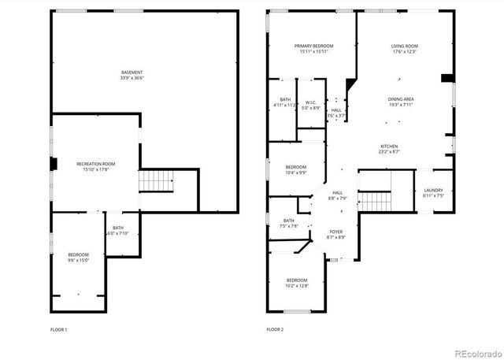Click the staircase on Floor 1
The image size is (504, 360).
tap(156, 182)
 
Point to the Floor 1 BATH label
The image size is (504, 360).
tap(117, 228)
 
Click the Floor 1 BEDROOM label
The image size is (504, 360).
tap(78, 254)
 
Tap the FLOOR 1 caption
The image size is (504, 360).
tap(58, 328)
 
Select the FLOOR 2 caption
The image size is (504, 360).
tap(275, 328)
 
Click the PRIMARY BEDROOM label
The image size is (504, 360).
tap(313, 46)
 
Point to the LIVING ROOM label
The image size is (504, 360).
tap(404, 46)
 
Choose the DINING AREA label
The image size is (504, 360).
tap(401, 98)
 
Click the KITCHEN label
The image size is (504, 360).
tap(390, 147)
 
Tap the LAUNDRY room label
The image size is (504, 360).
tap(433, 190)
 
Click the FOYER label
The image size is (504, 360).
tap(336, 232)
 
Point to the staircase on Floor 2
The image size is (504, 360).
tap(375, 202)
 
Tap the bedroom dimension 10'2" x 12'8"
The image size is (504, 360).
tap(297, 286)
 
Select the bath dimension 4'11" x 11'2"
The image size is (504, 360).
tap(284, 105)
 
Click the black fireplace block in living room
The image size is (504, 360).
tap(447, 77)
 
